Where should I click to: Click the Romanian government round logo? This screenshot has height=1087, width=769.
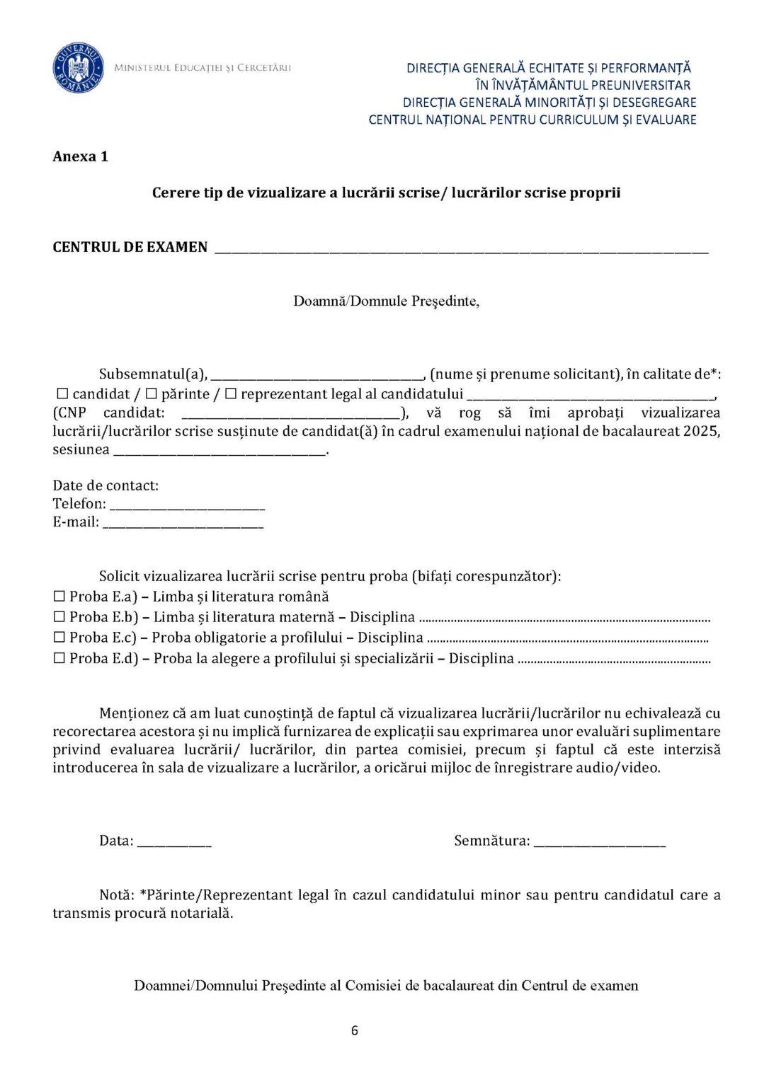79,68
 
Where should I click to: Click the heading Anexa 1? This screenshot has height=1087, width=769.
80,156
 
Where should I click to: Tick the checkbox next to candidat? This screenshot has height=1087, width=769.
61,394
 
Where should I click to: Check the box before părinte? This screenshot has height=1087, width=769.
151,394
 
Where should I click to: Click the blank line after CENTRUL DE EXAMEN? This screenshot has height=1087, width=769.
460,249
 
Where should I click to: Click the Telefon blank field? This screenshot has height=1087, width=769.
188,506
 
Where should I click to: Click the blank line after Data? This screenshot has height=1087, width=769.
174,843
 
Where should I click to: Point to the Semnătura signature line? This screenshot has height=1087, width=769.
599,843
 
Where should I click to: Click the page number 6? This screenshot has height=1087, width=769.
355,1030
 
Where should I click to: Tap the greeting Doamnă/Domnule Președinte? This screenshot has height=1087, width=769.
387,301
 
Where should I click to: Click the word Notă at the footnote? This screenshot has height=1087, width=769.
115,895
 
